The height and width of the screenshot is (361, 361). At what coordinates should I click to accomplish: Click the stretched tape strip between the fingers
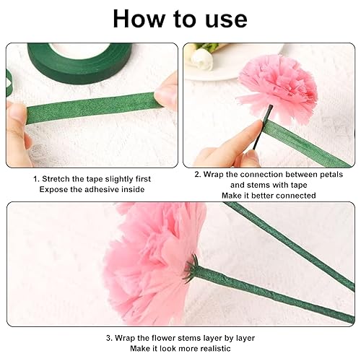[91, 108]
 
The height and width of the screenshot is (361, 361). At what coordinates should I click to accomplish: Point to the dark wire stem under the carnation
[262, 127]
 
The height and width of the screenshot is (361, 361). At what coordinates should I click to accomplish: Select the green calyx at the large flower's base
[192, 269]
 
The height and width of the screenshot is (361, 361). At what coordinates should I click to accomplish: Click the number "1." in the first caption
[36, 179]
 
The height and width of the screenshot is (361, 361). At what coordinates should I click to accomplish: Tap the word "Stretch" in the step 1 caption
[56, 179]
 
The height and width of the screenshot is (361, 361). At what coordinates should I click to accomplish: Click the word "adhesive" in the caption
[100, 190]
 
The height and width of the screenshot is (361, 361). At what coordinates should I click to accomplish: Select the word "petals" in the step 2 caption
[331, 175]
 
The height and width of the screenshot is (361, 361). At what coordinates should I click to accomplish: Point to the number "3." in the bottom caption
[110, 338]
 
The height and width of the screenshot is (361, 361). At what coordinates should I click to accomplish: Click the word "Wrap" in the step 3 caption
[125, 339]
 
